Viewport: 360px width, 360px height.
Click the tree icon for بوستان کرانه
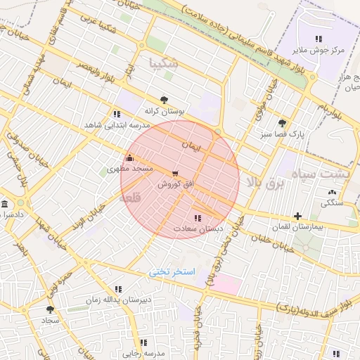[x=164, y=100]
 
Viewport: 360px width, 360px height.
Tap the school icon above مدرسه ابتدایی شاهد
[x=116, y=113]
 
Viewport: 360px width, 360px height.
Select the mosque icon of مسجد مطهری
[x=129, y=158]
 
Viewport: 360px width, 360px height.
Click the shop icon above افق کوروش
[x=174, y=173]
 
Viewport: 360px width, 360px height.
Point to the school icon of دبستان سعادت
[x=197, y=218]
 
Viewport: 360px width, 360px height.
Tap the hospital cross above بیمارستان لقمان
[x=298, y=216]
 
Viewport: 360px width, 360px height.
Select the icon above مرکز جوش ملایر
[x=319, y=39]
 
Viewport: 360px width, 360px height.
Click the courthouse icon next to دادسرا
[x=5, y=205]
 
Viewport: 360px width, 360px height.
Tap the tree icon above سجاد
[x=49, y=309]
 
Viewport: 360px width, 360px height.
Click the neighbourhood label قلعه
[x=131, y=199]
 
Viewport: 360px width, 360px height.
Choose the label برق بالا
[x=263, y=182]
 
